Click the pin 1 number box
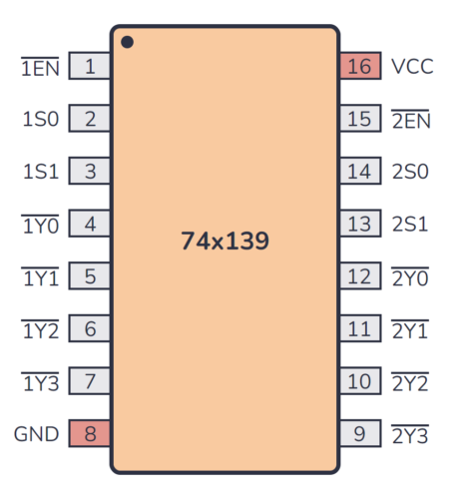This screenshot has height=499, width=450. point(90,68)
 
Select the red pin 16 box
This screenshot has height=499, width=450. point(359,68)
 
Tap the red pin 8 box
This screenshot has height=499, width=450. point(90,434)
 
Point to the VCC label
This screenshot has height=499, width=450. point(411,68)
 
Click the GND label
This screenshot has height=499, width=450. point(37,434)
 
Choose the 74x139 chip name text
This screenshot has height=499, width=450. point(225,241)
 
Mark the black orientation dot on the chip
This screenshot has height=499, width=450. point(128,42)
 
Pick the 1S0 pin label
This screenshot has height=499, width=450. point(41,120)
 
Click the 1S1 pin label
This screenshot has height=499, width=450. point(41,172)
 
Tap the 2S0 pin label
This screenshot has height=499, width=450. point(409,172)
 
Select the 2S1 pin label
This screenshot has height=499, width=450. point(409,225)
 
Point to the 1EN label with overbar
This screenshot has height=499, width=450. point(40,68)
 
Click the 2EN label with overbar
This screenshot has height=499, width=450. point(410,120)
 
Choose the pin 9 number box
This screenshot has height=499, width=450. point(359,434)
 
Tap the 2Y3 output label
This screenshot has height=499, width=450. point(409,434)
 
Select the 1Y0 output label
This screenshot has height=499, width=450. point(41,225)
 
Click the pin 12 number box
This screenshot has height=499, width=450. point(359,277)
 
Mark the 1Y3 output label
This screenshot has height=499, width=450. point(41,381)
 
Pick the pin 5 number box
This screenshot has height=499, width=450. point(90,277)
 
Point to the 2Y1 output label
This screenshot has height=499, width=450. point(409,329)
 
